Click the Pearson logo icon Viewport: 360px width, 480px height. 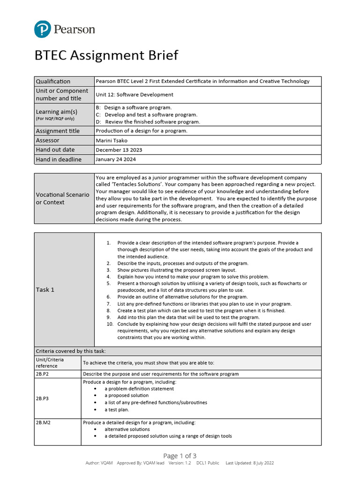point(43,30)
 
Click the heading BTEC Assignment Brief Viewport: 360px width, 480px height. point(106,55)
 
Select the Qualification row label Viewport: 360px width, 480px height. point(53,82)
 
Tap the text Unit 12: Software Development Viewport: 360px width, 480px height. point(135,95)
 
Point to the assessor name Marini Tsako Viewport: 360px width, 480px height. point(112,140)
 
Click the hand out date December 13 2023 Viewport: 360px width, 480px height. point(119,150)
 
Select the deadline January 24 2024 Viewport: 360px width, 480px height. point(116,159)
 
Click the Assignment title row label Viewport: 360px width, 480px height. point(58,131)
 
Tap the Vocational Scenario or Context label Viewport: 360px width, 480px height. point(62,198)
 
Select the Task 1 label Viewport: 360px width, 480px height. point(45,290)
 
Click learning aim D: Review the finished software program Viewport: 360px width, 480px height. point(148,122)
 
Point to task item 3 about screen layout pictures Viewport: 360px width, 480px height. point(177,270)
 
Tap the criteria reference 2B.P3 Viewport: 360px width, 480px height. point(42,398)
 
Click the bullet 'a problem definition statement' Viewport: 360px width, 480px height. point(139,389)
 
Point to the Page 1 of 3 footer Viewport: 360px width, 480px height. point(180,456)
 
